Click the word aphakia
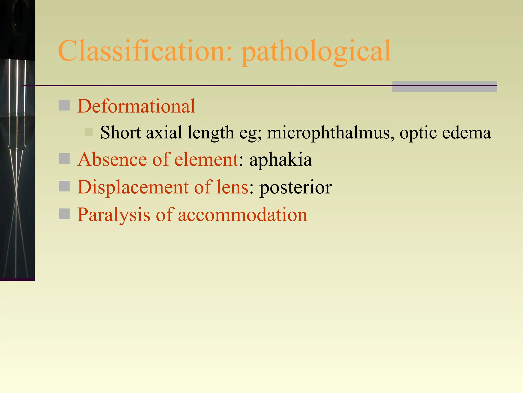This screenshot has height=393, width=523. pyautogui.click(x=281, y=160)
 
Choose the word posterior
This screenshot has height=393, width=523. pyautogui.click(x=295, y=187)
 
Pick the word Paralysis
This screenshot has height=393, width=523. pyautogui.click(x=114, y=215)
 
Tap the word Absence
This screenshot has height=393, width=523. pyautogui.click(x=112, y=159)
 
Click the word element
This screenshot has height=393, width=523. pyautogui.click(x=206, y=159)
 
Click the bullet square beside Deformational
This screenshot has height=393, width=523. pyautogui.click(x=64, y=105)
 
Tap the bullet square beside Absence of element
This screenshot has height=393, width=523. pyautogui.click(x=64, y=159)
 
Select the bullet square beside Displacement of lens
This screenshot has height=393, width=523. pyautogui.click(x=64, y=186)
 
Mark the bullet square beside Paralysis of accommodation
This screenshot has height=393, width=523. pyautogui.click(x=64, y=214)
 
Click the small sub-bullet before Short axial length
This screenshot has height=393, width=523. pyautogui.click(x=89, y=132)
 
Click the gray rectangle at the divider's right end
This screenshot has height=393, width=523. pyautogui.click(x=444, y=86)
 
